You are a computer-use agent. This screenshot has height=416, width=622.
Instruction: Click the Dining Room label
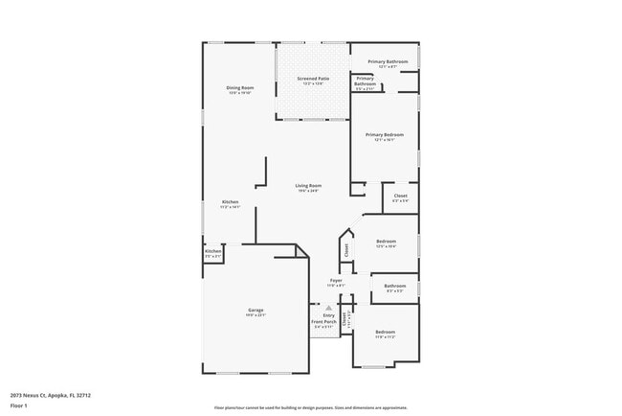click(239, 88)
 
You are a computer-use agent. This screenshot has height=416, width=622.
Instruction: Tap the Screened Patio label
click(312, 79)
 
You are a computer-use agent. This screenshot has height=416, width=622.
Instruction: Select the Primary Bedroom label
click(385, 135)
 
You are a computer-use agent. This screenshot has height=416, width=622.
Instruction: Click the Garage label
click(255, 311)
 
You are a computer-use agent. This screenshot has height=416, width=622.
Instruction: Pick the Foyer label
click(335, 281)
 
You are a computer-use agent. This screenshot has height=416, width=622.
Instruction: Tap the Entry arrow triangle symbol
click(328, 308)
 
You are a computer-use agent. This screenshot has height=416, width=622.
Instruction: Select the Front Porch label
click(322, 321)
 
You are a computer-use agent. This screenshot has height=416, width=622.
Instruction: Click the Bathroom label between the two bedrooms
click(395, 286)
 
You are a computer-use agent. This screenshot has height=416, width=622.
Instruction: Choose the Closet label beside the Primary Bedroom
click(400, 196)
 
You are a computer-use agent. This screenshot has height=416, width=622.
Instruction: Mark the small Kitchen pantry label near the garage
click(212, 252)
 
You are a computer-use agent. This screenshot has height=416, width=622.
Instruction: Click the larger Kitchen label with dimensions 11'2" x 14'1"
click(231, 202)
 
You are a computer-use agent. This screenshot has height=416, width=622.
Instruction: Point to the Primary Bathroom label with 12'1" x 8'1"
click(388, 62)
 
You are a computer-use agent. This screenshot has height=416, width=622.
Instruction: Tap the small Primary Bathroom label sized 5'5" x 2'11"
click(366, 81)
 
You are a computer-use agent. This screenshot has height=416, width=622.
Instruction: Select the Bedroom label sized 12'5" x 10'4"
click(386, 241)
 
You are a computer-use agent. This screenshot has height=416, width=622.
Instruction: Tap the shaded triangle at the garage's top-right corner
click(301, 250)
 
